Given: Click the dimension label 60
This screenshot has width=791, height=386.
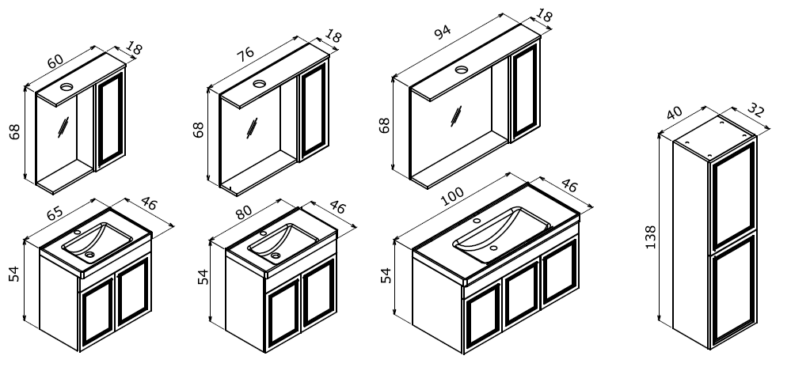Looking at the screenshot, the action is click(55, 61).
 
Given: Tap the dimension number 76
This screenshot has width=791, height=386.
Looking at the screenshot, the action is click(245, 54).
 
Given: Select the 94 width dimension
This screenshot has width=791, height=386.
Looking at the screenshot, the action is click(442, 32).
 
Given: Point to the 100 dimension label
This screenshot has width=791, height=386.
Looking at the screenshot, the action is click(452, 196).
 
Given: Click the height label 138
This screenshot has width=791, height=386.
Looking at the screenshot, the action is click(651, 237).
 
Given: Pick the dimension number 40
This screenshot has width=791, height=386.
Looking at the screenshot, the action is click(674, 113).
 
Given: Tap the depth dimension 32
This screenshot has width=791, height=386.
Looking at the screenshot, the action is click(755, 110).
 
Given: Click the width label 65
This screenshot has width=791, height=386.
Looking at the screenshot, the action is click(55, 213).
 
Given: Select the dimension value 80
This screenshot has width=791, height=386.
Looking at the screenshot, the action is click(243, 212).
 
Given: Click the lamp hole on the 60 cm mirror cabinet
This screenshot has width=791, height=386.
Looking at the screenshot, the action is click(67, 87).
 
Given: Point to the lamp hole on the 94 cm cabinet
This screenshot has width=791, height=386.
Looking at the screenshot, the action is click(461, 70).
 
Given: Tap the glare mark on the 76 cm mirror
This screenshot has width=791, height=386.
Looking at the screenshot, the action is click(252, 128).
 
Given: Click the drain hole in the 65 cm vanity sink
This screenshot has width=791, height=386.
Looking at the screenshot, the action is click(89, 255).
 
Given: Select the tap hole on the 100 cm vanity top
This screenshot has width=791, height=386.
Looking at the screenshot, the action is click(477, 221).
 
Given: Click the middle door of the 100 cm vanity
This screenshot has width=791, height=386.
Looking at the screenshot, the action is click(522, 293).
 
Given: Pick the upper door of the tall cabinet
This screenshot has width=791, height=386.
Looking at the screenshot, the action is click(733, 199).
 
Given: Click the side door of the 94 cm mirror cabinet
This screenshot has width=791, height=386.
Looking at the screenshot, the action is click(525, 91).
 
